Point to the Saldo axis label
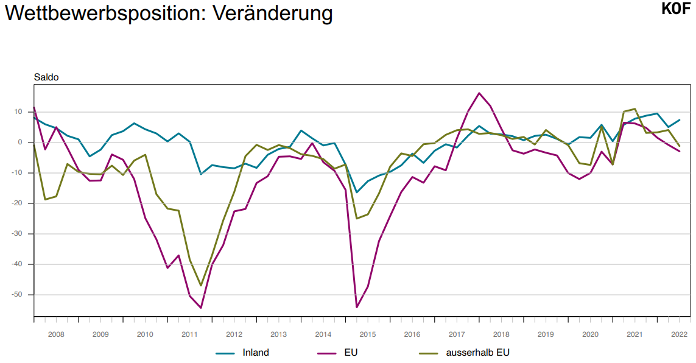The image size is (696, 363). point(45,77)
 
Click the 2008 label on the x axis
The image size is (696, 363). point(56,334)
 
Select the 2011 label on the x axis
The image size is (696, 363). point(189,334)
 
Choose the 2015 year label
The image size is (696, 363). point(367,334)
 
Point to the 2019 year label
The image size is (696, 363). point(545,334)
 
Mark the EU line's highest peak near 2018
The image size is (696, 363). point(479,93)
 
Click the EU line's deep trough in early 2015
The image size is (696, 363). point(357,307)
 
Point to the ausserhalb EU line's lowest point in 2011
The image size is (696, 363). point(201,286)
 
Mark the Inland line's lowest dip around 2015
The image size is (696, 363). point(357,192)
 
